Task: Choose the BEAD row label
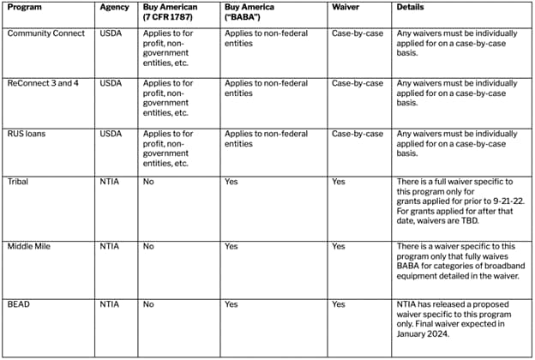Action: (x=20, y=303)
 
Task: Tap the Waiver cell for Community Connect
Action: (x=357, y=33)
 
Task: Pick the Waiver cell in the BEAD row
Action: (x=339, y=303)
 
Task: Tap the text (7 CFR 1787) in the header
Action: (x=171, y=18)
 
